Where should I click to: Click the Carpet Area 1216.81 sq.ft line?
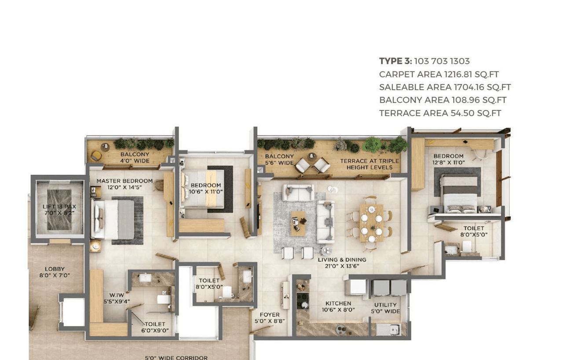click(x=439, y=74)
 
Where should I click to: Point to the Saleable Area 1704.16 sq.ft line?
click(x=445, y=87)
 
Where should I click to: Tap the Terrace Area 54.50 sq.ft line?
click(x=440, y=113)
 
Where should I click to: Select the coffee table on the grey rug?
click(x=298, y=220)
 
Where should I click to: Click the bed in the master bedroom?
click(x=112, y=219)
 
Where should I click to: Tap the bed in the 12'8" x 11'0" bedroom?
click(x=459, y=193)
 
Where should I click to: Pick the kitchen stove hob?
click(x=303, y=301)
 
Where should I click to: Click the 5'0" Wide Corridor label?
click(x=176, y=357)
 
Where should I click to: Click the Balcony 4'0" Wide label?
click(x=135, y=158)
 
